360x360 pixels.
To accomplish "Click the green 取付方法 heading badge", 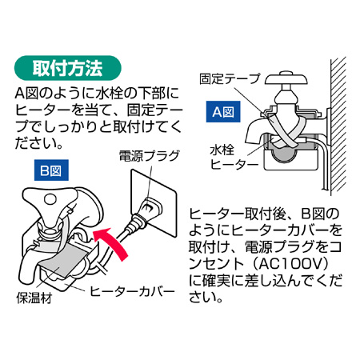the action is pos(68,68).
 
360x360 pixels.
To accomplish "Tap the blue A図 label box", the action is pos(223,112).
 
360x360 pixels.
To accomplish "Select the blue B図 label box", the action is pos(51,170).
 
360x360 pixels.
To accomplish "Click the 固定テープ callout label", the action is pos(230,78).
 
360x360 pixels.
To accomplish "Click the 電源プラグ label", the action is pos(150,156).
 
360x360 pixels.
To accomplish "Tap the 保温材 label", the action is pos(34,298).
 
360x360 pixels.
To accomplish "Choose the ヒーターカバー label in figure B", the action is pos(132,291).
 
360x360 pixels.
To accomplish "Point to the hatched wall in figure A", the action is pos(338,124).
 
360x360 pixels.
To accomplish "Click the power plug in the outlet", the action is pos(144,214).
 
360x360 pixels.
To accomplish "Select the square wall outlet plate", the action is pos(154,203).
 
